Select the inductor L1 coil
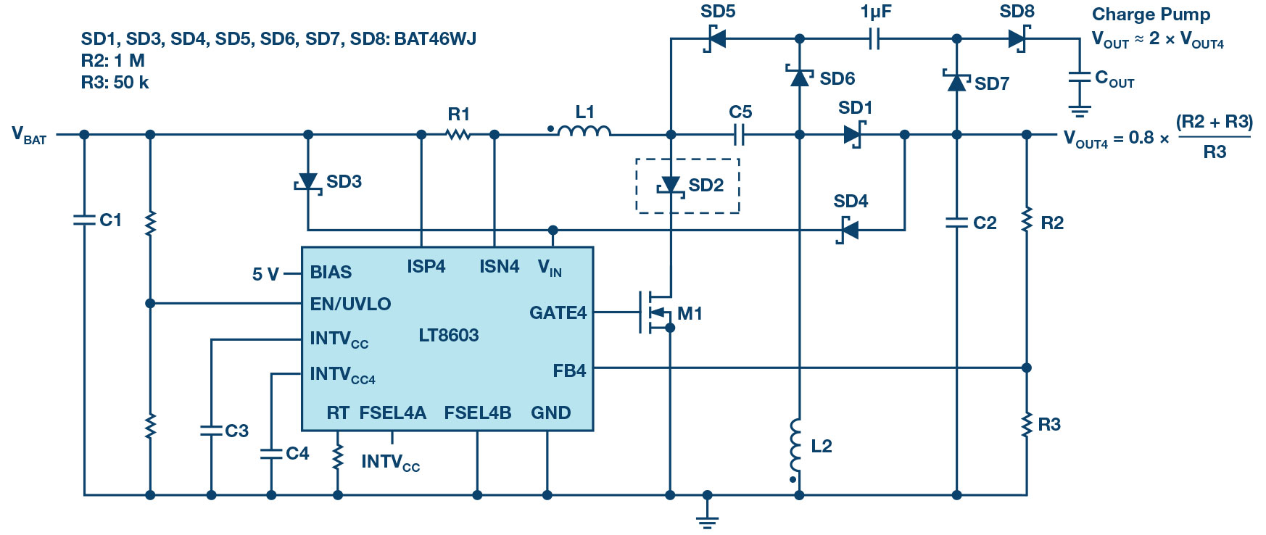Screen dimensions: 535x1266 [x=584, y=131]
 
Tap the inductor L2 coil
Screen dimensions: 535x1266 [x=796, y=444]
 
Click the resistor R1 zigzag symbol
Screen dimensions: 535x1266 [x=458, y=134]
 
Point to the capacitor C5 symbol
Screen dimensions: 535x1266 [x=739, y=134]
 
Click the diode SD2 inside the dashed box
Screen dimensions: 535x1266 [x=671, y=186]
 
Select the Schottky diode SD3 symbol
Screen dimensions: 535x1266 [x=308, y=182]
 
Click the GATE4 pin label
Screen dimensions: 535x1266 [x=558, y=312]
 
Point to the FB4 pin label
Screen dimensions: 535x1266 [x=569, y=370]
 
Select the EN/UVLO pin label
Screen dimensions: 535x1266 [x=350, y=304]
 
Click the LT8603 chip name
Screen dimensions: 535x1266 [x=449, y=335]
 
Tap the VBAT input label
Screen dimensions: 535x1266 [x=29, y=135]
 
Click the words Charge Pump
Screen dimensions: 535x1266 [x=1151, y=14]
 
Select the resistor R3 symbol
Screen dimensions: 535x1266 [x=1027, y=425]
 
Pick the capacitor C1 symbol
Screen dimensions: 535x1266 [x=84, y=219]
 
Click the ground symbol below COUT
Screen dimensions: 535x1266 [x=1080, y=111]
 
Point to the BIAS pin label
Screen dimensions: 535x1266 [x=331, y=272]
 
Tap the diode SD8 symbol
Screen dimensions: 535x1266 [x=1018, y=38]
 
